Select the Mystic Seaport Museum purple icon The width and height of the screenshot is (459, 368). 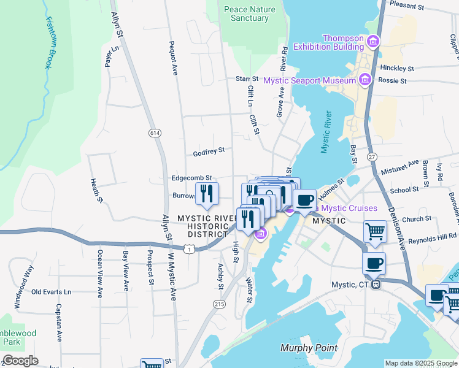365,80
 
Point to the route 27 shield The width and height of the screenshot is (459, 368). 372,157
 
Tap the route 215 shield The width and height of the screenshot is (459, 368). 219,304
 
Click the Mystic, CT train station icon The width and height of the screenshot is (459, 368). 378,285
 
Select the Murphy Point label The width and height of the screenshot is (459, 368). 309,348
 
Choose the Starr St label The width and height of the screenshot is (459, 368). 247,79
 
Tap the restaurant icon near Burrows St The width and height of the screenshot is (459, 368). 207,193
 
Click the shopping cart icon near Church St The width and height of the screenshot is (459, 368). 375,232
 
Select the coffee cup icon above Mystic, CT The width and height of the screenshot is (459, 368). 374,264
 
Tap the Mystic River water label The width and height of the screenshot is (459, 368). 326,132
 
